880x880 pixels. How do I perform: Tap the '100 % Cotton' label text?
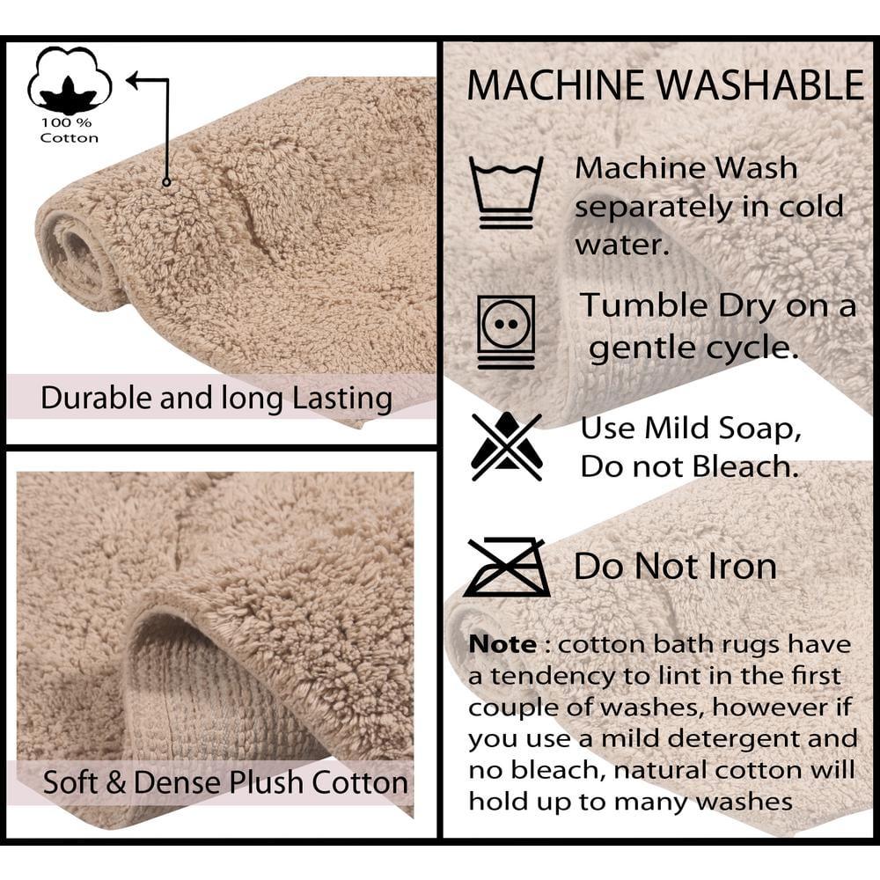coord(70,130)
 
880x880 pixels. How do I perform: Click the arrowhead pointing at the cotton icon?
coord(134,81)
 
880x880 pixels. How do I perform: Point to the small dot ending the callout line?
coord(165,181)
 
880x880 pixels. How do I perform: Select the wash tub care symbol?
coord(505,192)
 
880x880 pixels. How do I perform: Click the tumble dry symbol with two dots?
coord(505,332)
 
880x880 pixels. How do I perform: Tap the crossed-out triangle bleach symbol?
coord(505,446)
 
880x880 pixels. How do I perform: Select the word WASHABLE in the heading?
coord(762,85)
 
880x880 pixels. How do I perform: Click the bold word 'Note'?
coord(502,644)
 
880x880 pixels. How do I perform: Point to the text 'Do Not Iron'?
coord(675,567)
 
